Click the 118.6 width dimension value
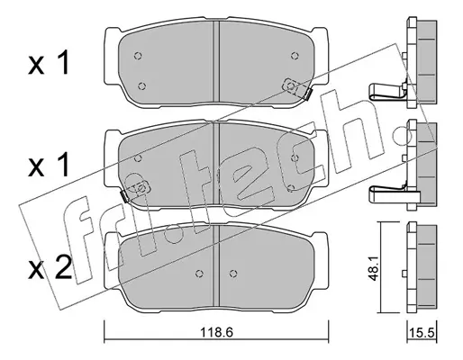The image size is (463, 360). pos(217,332)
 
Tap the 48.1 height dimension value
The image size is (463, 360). pos(373,268)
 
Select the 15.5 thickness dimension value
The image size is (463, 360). pos(422,332)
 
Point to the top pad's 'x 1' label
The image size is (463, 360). pos(49,63)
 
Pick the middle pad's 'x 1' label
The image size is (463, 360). pos(49,165)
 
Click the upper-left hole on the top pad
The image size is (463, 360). pos(138,56)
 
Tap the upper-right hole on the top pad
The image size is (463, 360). pos(295,55)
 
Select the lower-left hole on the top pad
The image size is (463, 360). pos(142,86)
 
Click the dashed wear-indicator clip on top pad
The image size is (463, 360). pos(296,88)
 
